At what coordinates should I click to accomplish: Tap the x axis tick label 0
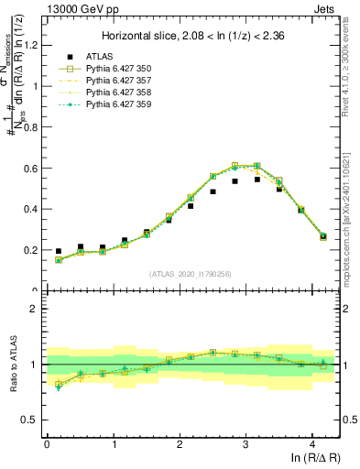47,444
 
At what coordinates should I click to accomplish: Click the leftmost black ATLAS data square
59,251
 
